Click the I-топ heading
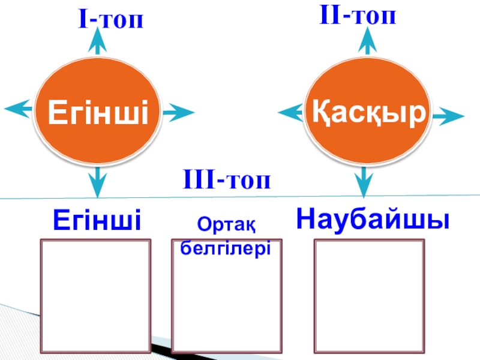(111, 20)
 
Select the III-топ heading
(227, 179)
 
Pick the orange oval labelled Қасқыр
(368, 112)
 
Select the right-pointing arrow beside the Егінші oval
(178, 112)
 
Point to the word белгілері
(226, 247)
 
